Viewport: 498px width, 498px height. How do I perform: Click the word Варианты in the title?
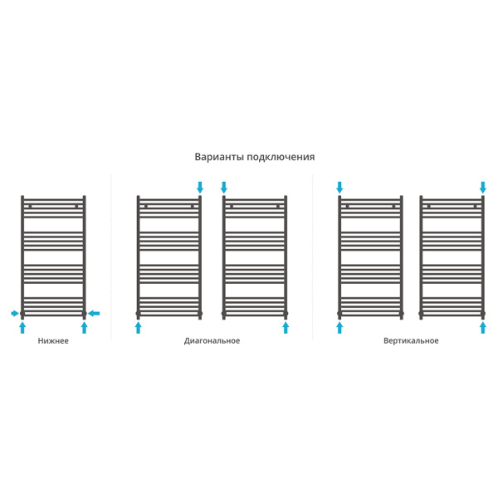(219, 157)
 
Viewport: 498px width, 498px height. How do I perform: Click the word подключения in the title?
(281, 158)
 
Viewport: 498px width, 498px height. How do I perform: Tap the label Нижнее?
(53, 341)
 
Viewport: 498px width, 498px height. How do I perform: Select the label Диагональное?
(212, 341)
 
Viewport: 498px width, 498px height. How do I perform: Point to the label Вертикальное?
(411, 341)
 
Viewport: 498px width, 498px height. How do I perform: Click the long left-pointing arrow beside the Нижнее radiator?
(94, 314)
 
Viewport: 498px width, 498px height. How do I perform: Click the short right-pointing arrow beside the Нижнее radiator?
(15, 314)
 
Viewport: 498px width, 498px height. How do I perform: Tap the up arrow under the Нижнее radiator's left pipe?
(22, 328)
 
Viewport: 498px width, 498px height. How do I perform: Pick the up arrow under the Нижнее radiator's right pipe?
(84, 328)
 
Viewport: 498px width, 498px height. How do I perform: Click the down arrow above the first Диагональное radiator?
(200, 188)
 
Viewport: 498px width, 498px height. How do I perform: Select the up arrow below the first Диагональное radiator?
(138, 328)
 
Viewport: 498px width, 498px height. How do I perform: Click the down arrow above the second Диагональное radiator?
(224, 188)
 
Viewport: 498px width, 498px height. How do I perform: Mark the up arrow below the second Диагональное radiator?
(286, 328)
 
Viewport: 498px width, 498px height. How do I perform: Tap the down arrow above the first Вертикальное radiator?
(339, 188)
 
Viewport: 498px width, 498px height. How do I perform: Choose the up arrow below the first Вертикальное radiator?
(339, 328)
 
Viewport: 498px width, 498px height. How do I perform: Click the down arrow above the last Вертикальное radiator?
(483, 188)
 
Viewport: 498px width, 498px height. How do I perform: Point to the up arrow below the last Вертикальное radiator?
(483, 328)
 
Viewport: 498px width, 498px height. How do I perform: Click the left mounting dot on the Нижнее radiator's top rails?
(30, 207)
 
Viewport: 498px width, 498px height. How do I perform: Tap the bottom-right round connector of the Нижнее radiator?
(84, 314)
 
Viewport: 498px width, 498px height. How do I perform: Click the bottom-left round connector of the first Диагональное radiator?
(138, 314)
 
